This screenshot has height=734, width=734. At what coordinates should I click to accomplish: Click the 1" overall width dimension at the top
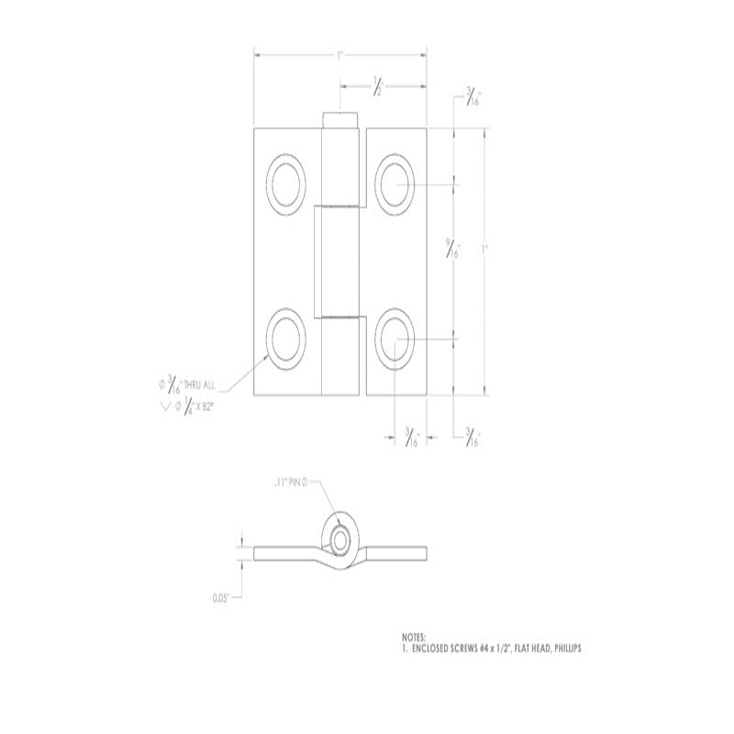coord(339,56)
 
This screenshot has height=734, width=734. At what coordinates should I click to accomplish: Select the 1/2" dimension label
coord(377,88)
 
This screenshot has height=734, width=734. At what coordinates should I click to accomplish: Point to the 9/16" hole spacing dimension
coord(453,250)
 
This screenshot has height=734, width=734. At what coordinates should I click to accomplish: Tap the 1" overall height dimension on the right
coord(486,250)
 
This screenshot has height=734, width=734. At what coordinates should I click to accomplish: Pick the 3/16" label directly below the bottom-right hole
coord(412,438)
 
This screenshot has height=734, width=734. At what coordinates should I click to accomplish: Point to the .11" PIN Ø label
coord(294,482)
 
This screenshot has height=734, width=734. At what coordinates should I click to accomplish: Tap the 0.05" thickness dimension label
coord(220,597)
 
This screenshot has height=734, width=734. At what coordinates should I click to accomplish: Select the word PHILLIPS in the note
coord(562,648)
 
